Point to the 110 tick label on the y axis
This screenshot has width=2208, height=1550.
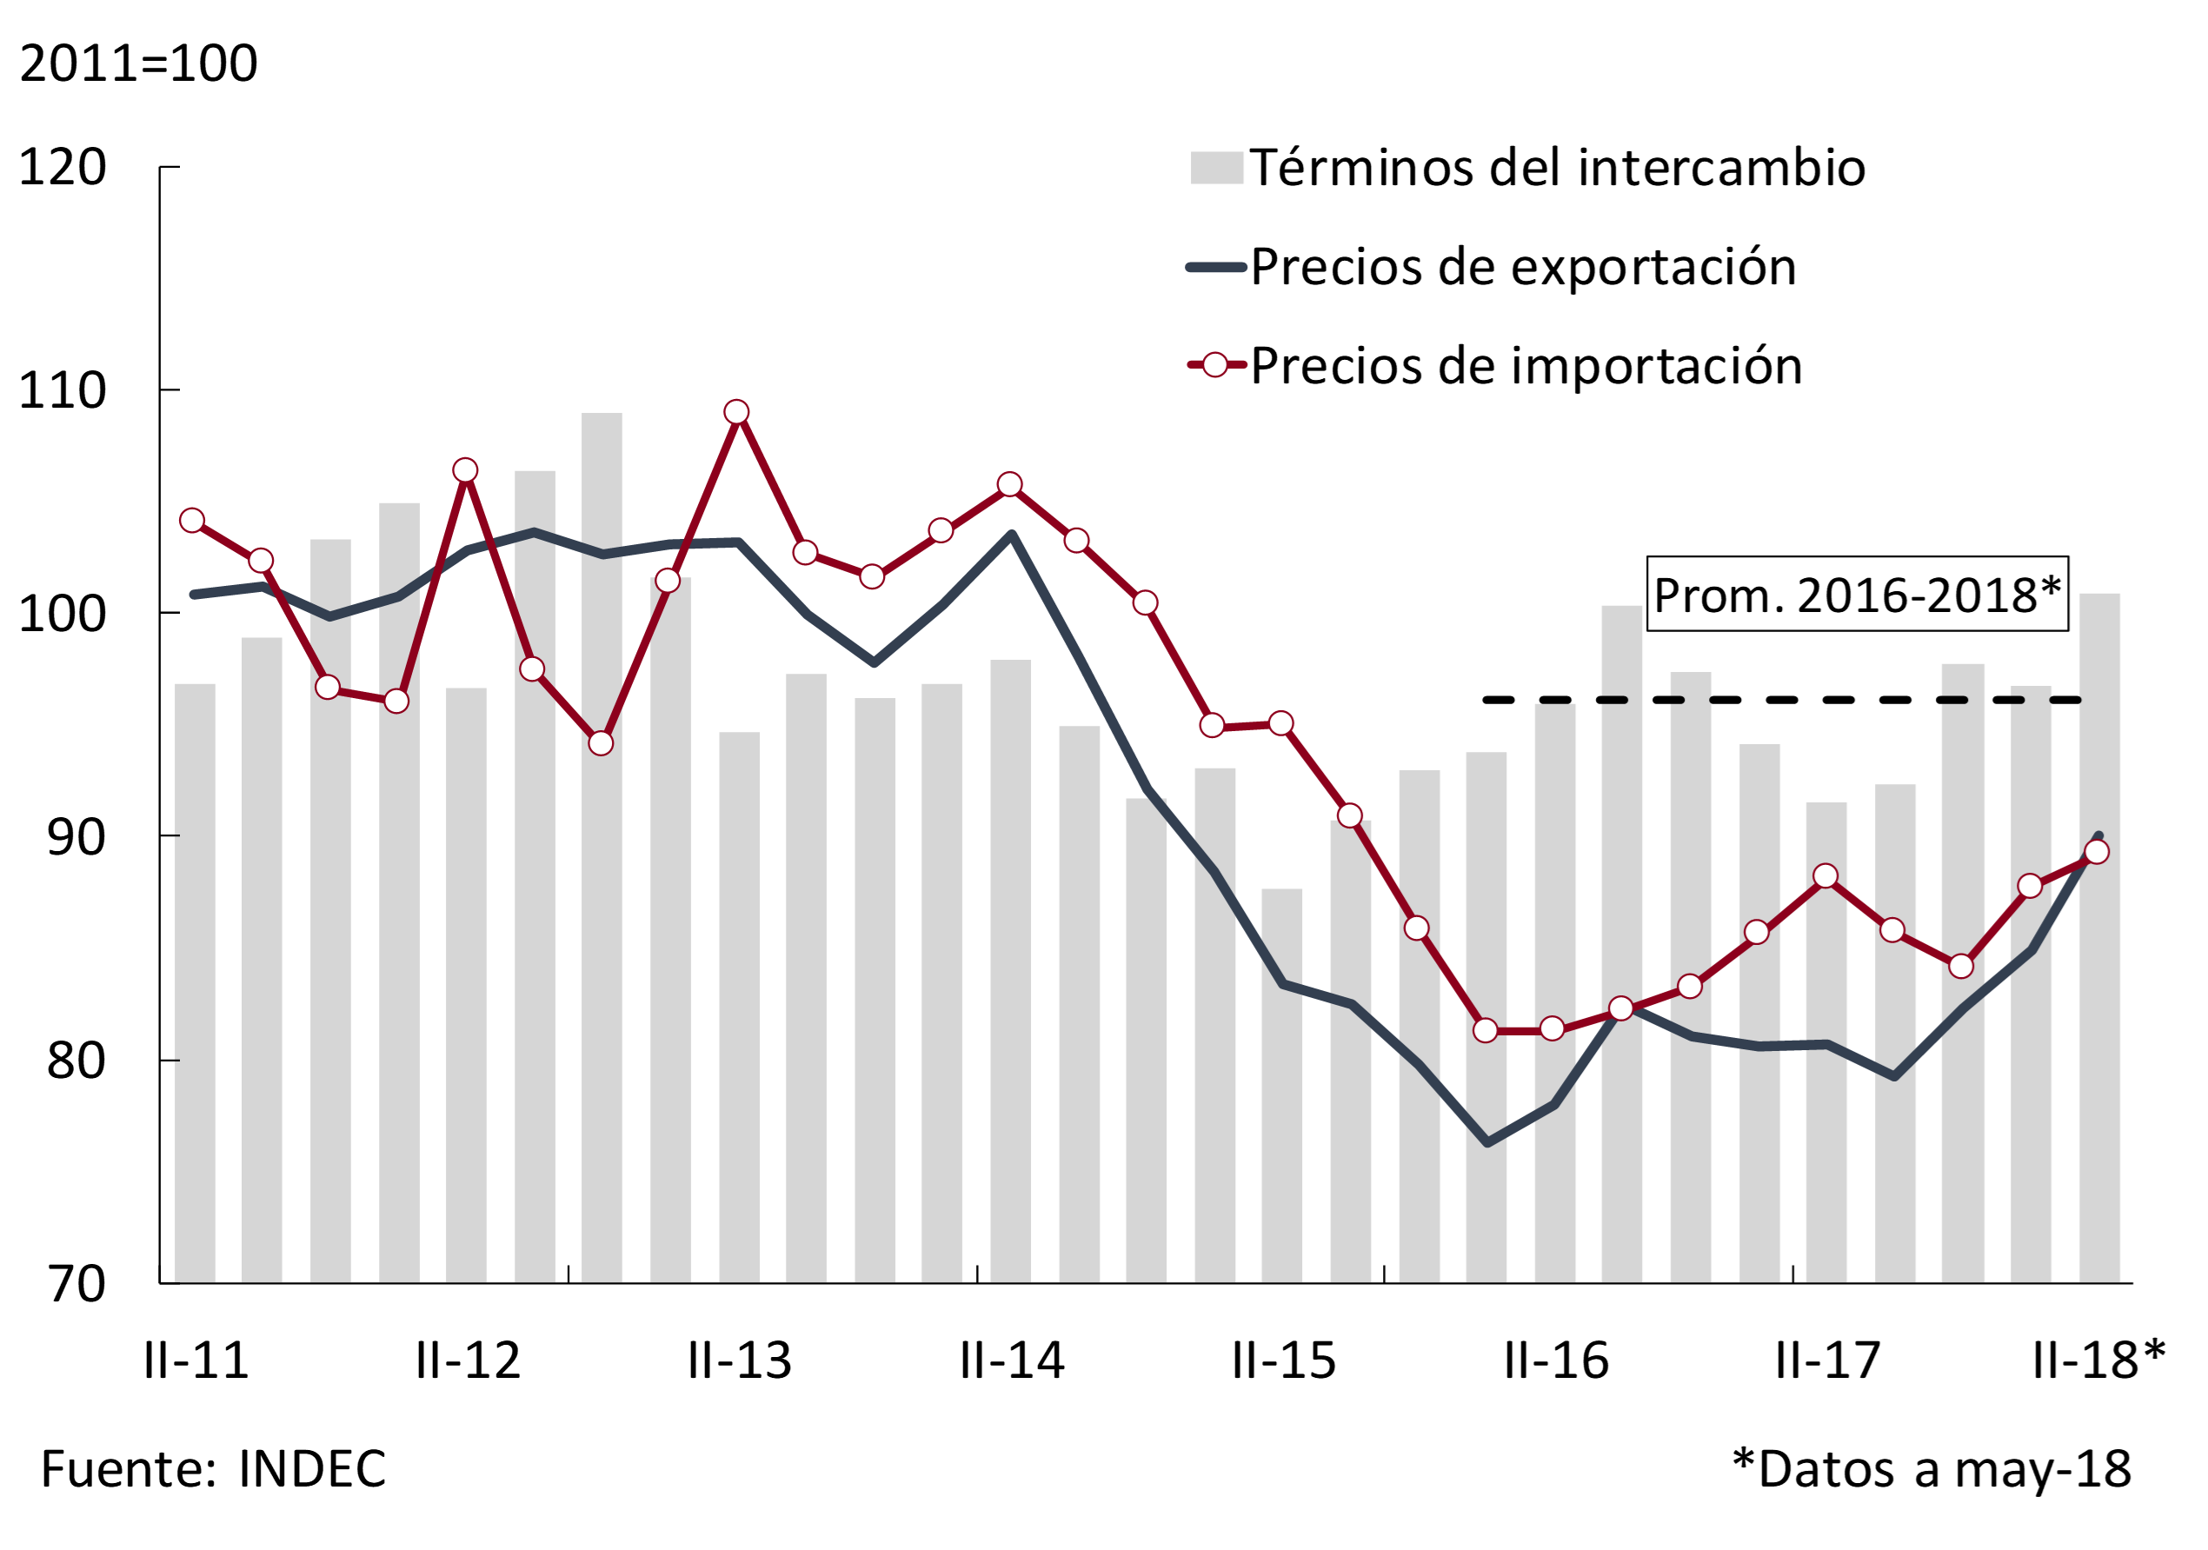(x=63, y=390)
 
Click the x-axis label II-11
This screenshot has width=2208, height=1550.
(x=196, y=1360)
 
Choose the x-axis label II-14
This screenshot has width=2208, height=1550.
(x=1012, y=1360)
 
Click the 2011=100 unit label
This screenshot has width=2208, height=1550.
(x=138, y=63)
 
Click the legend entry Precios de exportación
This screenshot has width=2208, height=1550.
(x=1522, y=266)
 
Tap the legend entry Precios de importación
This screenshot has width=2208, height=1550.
(x=1526, y=365)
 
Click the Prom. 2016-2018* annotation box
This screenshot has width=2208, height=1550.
(x=1857, y=595)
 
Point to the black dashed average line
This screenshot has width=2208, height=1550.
(x=1779, y=700)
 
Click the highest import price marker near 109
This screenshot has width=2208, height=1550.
(x=736, y=413)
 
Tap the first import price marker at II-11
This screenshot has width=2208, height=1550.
(x=192, y=520)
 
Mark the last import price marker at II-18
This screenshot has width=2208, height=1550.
(x=2097, y=852)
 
